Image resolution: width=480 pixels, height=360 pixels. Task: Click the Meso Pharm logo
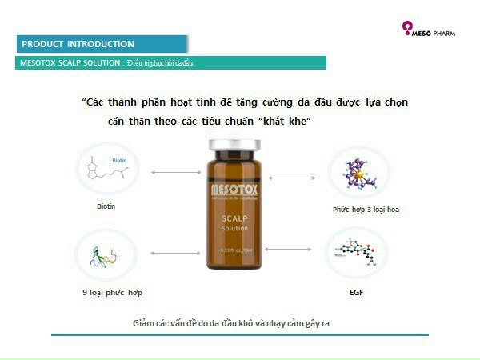433,32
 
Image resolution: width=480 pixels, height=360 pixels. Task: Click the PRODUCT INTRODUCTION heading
78,44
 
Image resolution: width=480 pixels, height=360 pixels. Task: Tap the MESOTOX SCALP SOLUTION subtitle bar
107,62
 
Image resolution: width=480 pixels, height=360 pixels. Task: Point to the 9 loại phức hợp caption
113,292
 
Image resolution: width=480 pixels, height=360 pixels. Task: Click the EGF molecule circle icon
357,254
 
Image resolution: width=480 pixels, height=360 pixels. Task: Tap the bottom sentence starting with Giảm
238,324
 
